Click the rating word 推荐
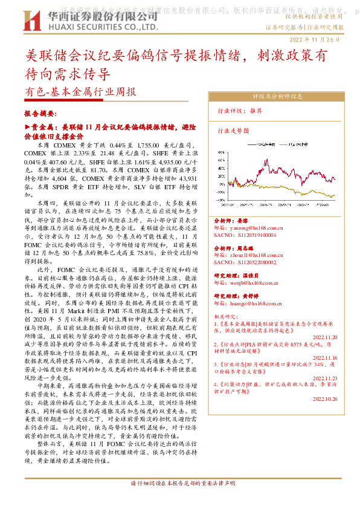(256, 111)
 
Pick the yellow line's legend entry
(300, 145)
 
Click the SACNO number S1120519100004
(247, 235)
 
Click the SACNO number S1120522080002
(247, 262)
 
